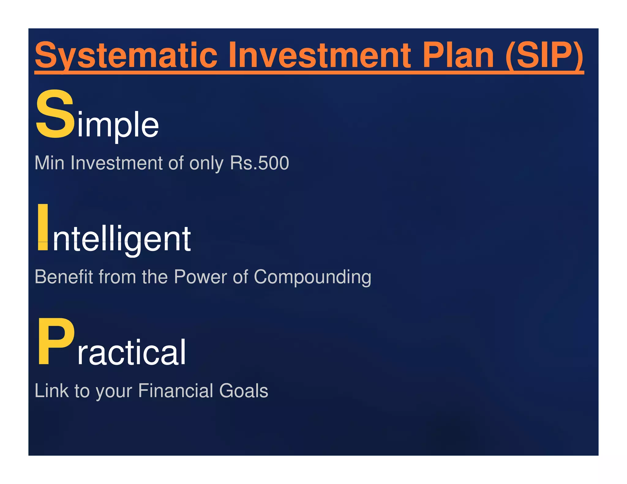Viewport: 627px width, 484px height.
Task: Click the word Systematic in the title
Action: point(126,56)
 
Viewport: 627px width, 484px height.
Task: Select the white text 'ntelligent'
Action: point(122,239)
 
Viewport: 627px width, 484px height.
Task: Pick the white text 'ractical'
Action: point(131,352)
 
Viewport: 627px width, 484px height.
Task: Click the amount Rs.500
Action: point(259,163)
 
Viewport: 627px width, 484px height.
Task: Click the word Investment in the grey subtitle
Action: point(116,163)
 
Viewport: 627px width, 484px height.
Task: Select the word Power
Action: point(201,277)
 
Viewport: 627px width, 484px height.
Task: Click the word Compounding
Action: point(312,277)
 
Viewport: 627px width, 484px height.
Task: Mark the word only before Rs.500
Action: point(206,163)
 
